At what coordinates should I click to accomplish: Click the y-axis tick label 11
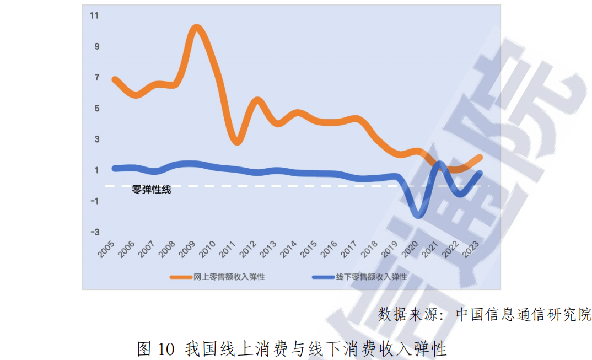click(x=94, y=15)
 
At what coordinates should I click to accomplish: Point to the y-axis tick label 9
click(x=96, y=46)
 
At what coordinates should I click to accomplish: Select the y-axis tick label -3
click(x=94, y=232)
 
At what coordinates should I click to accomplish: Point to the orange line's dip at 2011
click(x=237, y=141)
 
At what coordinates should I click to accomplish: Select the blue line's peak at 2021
click(x=439, y=164)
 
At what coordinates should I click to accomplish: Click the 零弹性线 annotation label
click(x=152, y=190)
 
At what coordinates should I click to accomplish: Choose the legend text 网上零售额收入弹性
click(x=229, y=277)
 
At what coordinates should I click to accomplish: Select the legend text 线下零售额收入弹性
click(x=372, y=277)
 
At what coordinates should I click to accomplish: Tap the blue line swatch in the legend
click(x=324, y=277)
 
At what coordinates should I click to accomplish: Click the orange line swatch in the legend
click(x=181, y=277)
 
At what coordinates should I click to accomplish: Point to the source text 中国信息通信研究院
click(x=524, y=315)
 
